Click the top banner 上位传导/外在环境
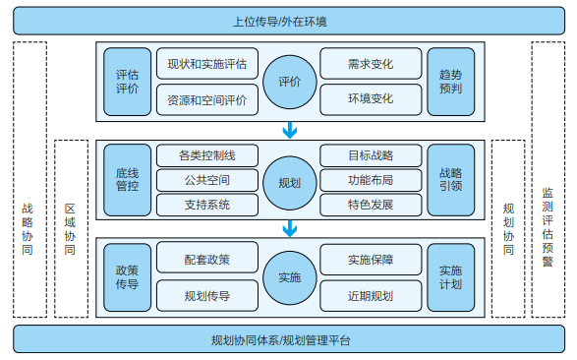click(288, 20)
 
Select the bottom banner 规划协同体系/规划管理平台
click(288, 340)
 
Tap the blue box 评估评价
click(127, 82)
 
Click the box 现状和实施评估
click(207, 65)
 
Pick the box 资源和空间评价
click(207, 99)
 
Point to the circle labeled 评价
click(289, 82)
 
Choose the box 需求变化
click(370, 65)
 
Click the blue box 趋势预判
click(451, 82)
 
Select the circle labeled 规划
click(289, 180)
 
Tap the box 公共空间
click(207, 180)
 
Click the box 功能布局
click(370, 180)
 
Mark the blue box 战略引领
click(451, 180)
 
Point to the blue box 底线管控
click(127, 180)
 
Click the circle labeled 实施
click(289, 277)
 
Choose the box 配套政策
click(207, 261)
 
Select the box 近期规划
click(370, 295)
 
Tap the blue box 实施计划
click(451, 277)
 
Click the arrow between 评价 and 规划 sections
click(289, 131)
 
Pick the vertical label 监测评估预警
click(548, 179)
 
